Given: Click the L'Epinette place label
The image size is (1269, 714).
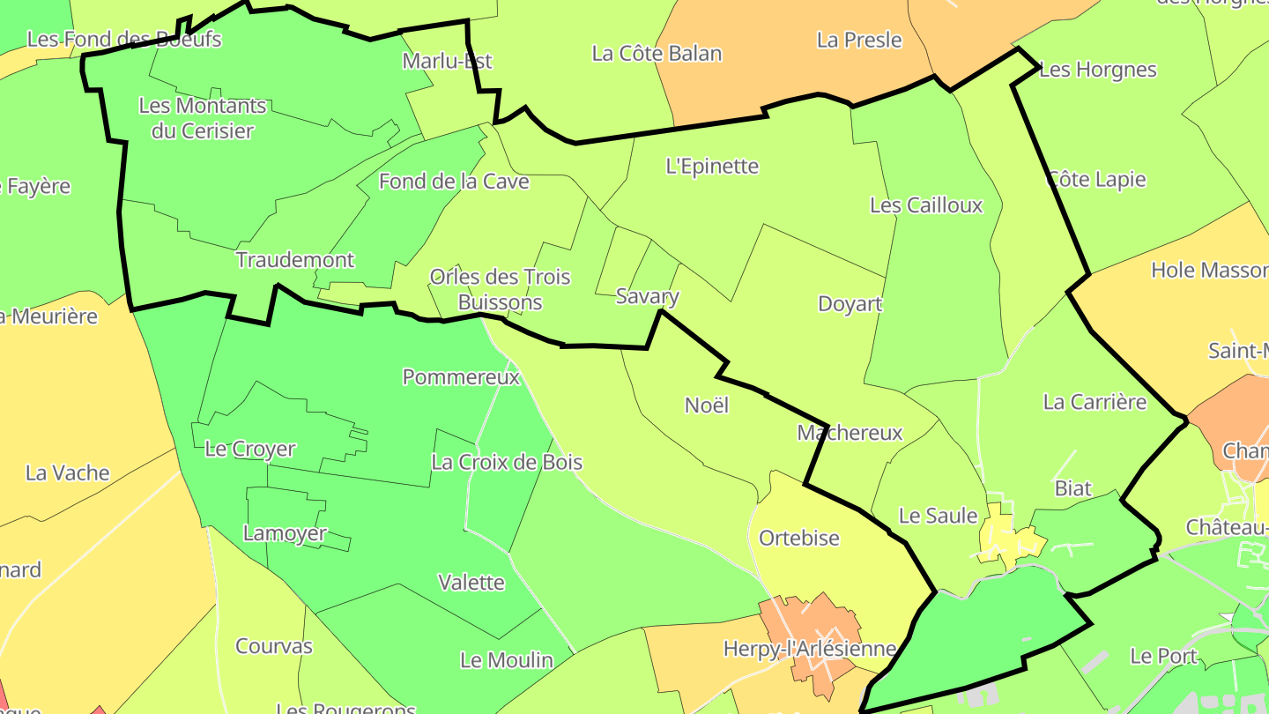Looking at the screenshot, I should tap(712, 166).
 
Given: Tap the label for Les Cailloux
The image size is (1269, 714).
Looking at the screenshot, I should tap(925, 205).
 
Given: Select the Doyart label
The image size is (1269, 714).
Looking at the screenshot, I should tap(850, 304).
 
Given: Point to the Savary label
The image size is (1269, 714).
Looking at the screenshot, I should tap(647, 296).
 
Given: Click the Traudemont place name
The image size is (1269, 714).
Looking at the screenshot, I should tap(295, 260).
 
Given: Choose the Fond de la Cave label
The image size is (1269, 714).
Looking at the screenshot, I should tap(454, 182).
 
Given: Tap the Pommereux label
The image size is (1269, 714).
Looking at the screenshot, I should tap(461, 377).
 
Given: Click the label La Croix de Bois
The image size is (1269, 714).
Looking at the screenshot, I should tap(507, 462).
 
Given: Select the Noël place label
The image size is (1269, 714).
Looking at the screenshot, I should tap(707, 405).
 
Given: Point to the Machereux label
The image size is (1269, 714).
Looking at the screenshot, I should tap(850, 433).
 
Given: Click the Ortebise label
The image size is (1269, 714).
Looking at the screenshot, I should tap(799, 538).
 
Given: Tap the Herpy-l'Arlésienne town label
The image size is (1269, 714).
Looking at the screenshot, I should tap(809, 649).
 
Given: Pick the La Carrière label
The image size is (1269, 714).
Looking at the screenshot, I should tap(1095, 402).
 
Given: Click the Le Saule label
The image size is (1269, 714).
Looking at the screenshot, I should tap(938, 516).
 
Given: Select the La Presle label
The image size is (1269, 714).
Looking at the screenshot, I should tap(859, 40).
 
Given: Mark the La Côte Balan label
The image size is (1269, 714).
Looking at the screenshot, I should tap(657, 54).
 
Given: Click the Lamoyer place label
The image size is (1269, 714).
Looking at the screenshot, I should tap(285, 533).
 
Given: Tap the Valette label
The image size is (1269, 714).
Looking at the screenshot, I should tap(471, 583).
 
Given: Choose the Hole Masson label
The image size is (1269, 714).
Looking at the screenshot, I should tap(1209, 271).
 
